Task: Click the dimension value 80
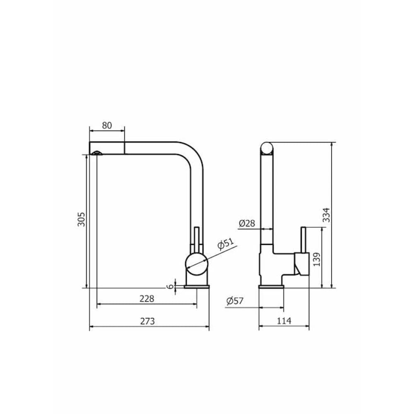tap(107, 125)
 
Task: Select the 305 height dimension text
tap(82, 219)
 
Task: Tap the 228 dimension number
tap(147, 298)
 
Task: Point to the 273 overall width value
tap(147, 321)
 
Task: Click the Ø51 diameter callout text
tap(226, 244)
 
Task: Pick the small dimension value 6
tap(171, 286)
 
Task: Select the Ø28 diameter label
tap(247, 224)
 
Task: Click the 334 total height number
tap(327, 215)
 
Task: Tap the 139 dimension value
tap(317, 260)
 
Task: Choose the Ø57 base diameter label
tap(235, 301)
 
